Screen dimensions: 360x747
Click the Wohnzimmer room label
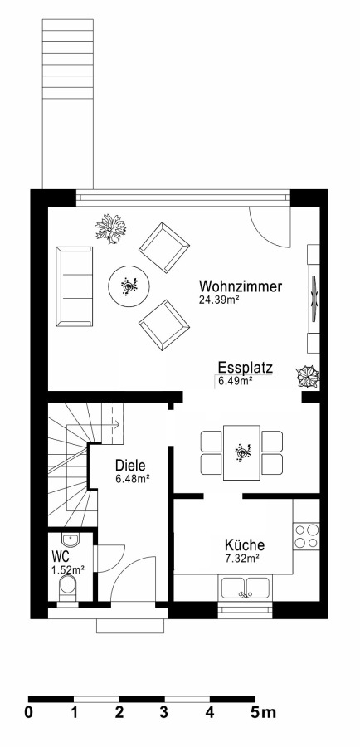coord(241,287)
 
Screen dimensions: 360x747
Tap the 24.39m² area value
coord(219,300)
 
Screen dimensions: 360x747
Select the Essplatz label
coord(246,369)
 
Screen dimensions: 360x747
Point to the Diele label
coord(130,466)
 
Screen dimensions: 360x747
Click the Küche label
coord(245,545)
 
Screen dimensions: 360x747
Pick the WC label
coord(61,556)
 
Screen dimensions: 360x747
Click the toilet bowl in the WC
coord(68,588)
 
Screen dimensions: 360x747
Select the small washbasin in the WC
coord(71,539)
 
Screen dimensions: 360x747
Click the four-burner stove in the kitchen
coord(307,536)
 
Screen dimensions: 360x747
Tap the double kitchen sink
coord(246,587)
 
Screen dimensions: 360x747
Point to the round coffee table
coord(129,287)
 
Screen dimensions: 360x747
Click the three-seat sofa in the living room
coord(75,287)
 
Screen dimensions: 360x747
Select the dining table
coord(242,452)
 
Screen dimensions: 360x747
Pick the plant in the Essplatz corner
coord(308,376)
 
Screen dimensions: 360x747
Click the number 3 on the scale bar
coord(163,713)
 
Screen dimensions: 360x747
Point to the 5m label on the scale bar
coord(262,713)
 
